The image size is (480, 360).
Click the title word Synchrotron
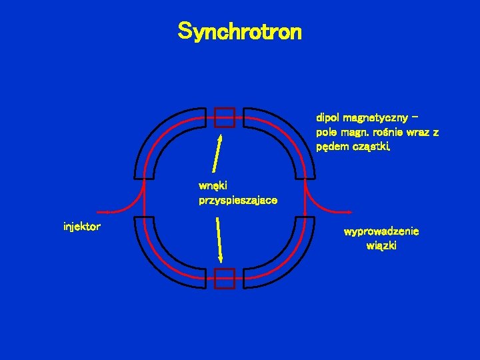239,31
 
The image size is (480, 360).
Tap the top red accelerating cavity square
225,117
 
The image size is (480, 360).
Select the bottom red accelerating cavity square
225,278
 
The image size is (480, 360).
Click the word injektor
81,227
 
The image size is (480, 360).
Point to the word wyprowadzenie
381,232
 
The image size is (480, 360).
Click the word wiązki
381,246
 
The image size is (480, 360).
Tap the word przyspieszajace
238,200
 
